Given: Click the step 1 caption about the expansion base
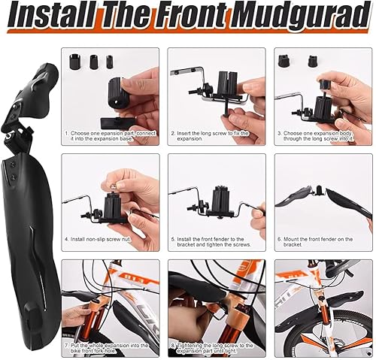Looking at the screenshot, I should point(111,136).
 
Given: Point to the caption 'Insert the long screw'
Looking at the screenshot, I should point(217,136).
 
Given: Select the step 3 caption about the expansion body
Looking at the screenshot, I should point(323,136).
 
